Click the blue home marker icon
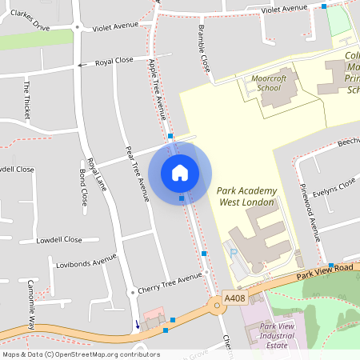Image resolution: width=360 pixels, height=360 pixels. pos(180,172)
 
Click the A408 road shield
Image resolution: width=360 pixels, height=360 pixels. pos(234,298)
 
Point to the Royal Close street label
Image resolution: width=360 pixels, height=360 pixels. pos(114,62)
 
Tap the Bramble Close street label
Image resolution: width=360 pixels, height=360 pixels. pos(204,50)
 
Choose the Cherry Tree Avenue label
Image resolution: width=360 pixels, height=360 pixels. pos(170,278)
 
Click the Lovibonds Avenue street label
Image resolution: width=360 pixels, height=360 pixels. pos(86,262)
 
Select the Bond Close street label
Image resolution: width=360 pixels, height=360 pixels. pos(83,187)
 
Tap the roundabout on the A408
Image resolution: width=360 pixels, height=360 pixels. pos(216,305)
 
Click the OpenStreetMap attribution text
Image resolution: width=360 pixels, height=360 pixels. pos(81,354)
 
